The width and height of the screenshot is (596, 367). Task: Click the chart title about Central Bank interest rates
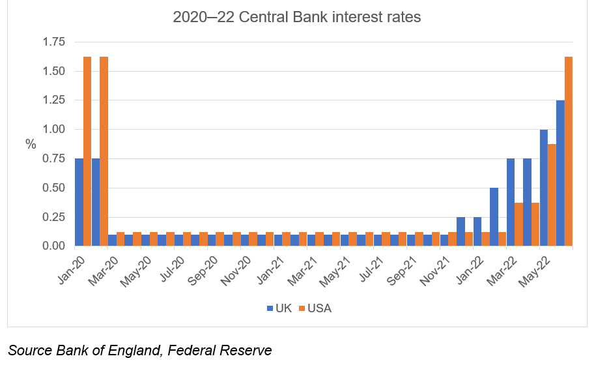pyautogui.click(x=297, y=18)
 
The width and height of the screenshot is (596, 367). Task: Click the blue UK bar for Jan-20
pyautogui.click(x=79, y=202)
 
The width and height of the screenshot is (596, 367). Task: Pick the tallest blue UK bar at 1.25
pyautogui.click(x=560, y=173)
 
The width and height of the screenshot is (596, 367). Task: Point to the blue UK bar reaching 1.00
pyautogui.click(x=543, y=188)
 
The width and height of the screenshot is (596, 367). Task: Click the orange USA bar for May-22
pyautogui.click(x=552, y=195)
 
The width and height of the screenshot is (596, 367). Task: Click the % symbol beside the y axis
pyautogui.click(x=31, y=144)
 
